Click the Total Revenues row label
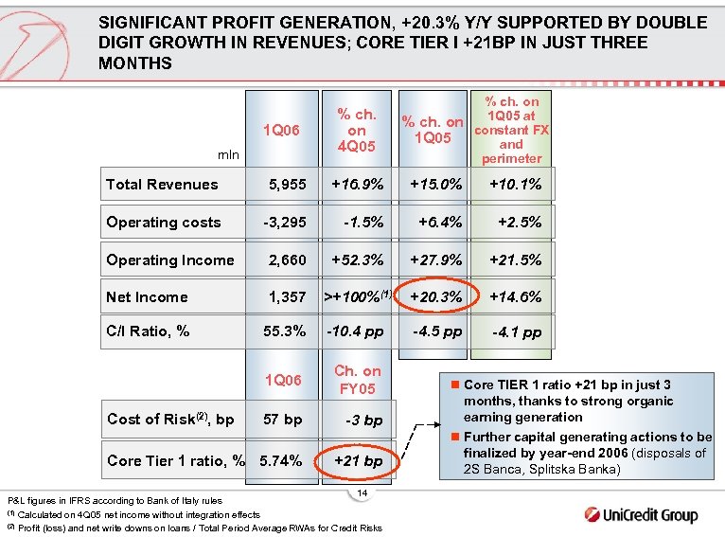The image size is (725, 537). click(x=162, y=185)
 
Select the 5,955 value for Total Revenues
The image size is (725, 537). click(x=287, y=185)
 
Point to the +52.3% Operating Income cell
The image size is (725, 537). click(x=357, y=260)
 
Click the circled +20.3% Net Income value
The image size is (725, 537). click(x=435, y=296)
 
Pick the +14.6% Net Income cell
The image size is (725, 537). click(x=515, y=296)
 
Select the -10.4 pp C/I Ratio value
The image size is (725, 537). click(x=357, y=331)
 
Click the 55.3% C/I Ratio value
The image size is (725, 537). click(x=283, y=331)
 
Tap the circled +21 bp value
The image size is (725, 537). click(x=357, y=461)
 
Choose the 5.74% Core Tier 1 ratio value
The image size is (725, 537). click(x=281, y=461)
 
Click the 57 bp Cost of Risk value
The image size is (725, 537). click(x=282, y=420)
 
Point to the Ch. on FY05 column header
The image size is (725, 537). click(x=357, y=380)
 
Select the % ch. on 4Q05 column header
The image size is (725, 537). click(x=357, y=131)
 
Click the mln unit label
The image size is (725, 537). click(x=228, y=153)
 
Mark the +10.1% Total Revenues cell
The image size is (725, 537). click(x=515, y=185)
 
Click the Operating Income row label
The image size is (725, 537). click(x=170, y=260)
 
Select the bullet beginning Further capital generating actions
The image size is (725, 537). click(x=582, y=453)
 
